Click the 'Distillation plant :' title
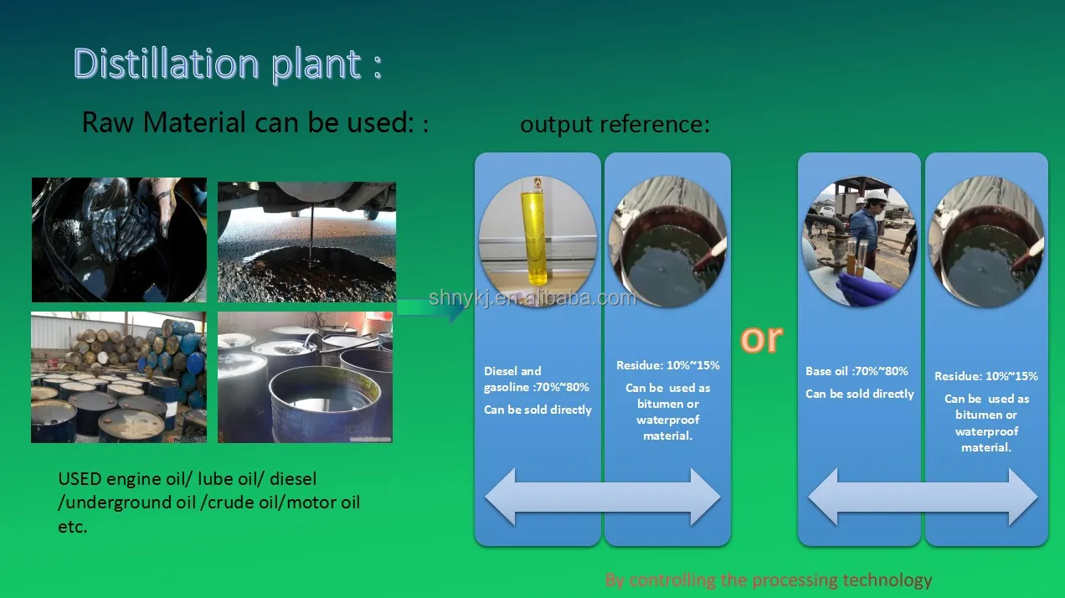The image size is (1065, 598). point(227,64)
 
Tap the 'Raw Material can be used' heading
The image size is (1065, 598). point(255,123)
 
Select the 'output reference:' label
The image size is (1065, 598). point(615,125)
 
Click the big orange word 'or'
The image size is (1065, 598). point(761,338)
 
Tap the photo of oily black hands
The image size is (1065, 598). point(119,239)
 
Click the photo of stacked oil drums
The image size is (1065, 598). point(119,377)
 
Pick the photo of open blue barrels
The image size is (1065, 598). point(305,377)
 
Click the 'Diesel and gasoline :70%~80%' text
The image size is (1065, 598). point(537,379)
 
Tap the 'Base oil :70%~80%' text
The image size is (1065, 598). point(857,371)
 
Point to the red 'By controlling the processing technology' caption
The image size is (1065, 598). point(768,580)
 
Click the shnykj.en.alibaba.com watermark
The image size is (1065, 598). point(532,298)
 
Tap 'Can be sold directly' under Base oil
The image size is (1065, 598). point(860,394)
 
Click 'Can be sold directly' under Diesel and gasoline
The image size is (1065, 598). point(538,410)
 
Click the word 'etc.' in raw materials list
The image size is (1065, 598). point(73,528)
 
